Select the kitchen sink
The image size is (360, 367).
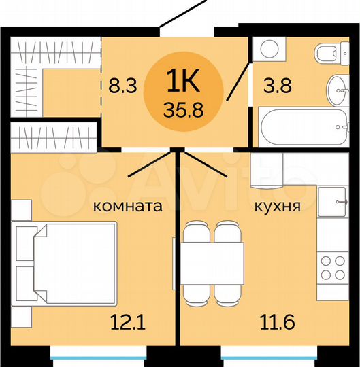point(334,201)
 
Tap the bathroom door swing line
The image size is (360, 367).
point(238,78)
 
